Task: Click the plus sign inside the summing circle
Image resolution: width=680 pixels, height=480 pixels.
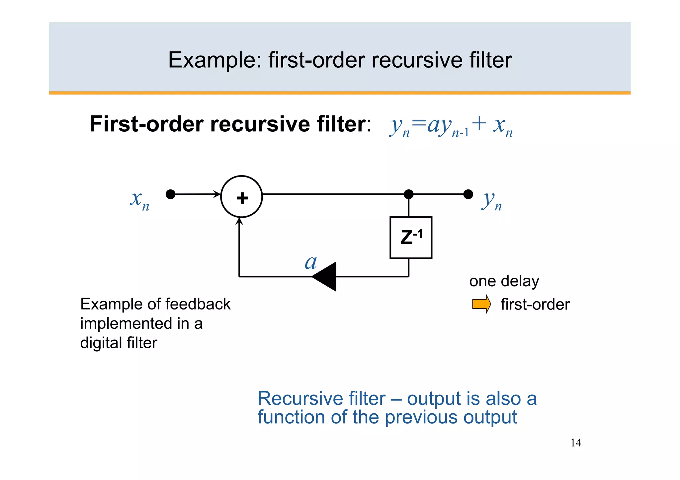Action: pos(242,198)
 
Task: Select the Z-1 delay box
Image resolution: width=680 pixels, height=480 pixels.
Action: pos(411,238)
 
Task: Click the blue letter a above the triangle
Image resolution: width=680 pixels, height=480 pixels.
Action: pos(311,262)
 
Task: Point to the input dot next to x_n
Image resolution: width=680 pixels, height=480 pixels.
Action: pos(170,194)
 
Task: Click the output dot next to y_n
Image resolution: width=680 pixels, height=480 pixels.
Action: pos(468,194)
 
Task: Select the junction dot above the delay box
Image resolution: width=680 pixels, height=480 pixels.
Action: pos(408,194)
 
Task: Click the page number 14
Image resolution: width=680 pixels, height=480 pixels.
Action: pos(576,443)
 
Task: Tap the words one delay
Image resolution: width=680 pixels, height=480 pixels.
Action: pos(504,281)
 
